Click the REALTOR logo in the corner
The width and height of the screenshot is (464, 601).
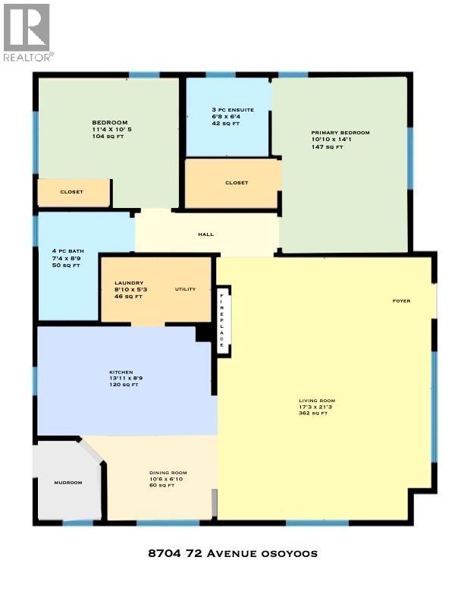27,33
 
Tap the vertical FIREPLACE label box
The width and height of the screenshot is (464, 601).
222,319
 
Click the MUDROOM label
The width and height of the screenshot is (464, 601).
67,483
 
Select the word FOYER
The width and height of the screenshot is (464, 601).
401,301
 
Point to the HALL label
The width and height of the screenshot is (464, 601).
205,234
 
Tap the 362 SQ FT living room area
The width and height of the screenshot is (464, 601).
314,414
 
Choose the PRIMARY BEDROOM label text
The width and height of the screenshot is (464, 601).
340,133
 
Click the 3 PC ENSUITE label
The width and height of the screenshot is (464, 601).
233,110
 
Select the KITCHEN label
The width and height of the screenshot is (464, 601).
121,372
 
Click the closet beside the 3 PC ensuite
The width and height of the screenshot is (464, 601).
237,183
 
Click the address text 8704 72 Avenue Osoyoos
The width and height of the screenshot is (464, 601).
231,553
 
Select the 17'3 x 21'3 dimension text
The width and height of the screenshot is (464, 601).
317,407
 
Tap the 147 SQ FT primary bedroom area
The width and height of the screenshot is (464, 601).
328,146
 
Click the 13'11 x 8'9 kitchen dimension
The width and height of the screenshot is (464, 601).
127,378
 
